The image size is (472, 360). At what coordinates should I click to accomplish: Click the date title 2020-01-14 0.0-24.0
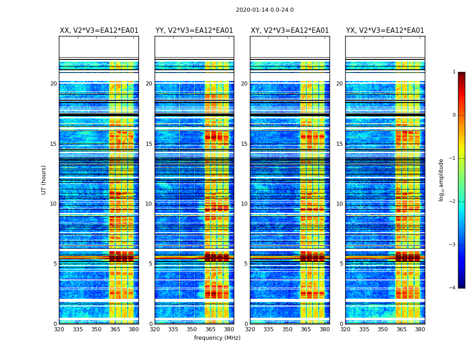[x=265, y=10]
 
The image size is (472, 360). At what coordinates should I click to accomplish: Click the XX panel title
[x=99, y=31]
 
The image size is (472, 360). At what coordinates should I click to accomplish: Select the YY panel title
[x=194, y=31]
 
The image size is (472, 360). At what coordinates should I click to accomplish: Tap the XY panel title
[x=289, y=31]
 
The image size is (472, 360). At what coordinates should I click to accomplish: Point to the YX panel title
[x=385, y=31]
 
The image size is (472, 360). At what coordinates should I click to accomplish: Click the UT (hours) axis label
[x=44, y=180]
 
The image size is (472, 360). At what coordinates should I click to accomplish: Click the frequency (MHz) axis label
[x=217, y=338]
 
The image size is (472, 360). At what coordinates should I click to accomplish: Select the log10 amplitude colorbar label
[x=441, y=180]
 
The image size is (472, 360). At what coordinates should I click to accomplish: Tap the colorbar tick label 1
[x=454, y=72]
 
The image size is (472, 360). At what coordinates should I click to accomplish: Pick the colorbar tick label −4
[x=453, y=288]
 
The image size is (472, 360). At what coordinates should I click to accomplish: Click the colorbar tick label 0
[x=454, y=115]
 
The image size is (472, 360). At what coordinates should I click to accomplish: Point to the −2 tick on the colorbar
[x=453, y=202]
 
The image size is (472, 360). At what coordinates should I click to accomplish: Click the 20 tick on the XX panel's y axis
[x=53, y=84]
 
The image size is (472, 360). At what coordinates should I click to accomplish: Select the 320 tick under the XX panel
[x=59, y=329]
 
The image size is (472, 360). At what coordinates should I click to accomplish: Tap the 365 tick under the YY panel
[x=210, y=329]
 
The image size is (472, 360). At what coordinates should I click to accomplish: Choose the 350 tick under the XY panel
[x=287, y=329]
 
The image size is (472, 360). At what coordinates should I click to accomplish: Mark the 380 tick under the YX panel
[x=420, y=329]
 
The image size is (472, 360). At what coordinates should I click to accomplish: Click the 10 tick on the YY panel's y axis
[x=149, y=204]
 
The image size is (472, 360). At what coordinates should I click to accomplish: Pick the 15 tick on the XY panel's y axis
[x=244, y=144]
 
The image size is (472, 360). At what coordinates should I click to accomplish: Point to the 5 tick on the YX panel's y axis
[x=341, y=264]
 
